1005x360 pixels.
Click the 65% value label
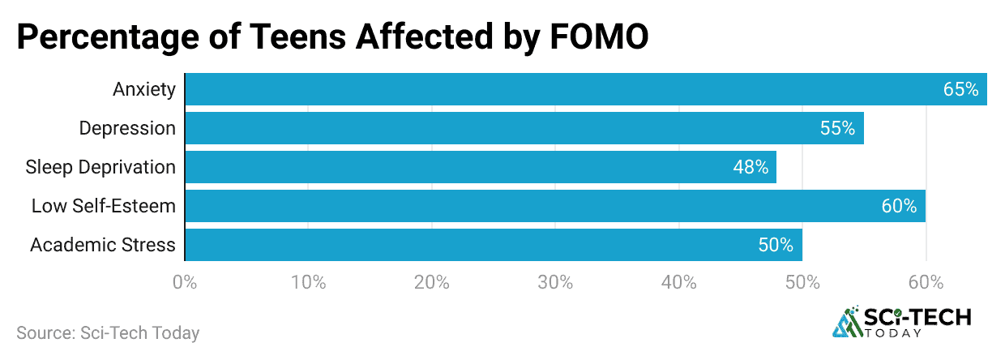tap(960, 89)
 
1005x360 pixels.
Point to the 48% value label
tap(751, 167)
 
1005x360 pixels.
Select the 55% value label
tap(837, 128)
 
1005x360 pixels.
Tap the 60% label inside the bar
tap(899, 206)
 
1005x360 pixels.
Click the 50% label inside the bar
tap(776, 245)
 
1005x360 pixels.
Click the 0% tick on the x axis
tap(185, 283)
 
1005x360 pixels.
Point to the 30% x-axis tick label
tap(555, 283)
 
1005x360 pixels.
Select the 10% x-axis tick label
tap(308, 283)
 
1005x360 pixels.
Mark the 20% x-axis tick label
tap(432, 283)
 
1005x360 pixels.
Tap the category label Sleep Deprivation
tap(100, 167)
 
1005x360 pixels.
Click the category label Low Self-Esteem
tap(104, 206)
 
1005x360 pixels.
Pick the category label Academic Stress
tap(103, 245)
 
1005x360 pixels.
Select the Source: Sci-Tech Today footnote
tap(108, 332)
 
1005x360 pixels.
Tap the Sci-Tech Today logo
tap(901, 322)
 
